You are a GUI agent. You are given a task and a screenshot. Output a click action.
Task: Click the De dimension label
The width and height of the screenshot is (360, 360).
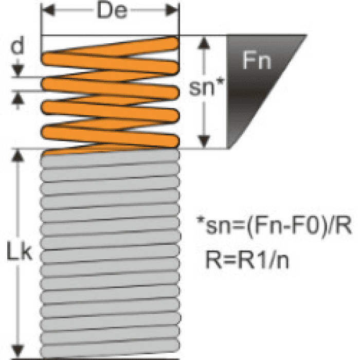(112, 11)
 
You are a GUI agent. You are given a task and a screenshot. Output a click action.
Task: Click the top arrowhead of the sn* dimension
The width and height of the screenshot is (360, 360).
(205, 42)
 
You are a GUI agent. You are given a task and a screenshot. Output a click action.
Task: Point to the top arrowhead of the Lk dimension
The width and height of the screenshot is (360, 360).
(19, 156)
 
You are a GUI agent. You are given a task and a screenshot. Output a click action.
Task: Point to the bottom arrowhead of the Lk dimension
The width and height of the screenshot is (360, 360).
(19, 352)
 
